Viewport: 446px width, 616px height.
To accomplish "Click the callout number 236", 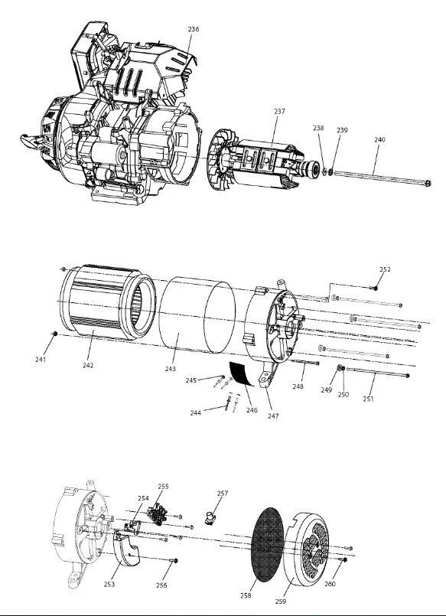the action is (193, 29).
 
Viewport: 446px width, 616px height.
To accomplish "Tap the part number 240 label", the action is (379, 139).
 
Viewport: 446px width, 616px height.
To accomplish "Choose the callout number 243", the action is (171, 369).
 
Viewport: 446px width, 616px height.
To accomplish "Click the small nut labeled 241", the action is (55, 334).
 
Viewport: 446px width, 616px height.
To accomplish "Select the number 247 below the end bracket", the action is (273, 416).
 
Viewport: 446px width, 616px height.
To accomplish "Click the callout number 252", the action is (385, 269).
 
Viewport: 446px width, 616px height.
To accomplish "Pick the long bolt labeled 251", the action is (378, 372).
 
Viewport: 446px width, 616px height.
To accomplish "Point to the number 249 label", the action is (326, 390).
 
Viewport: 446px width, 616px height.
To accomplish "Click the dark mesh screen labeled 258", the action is (267, 545).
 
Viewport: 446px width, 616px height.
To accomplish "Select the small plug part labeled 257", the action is (211, 518).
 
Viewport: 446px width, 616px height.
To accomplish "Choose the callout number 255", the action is (163, 487).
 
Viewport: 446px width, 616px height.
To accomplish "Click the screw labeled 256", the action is (173, 560).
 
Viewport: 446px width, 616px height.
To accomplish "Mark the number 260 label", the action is (330, 584).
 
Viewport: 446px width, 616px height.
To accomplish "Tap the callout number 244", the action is (196, 413).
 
